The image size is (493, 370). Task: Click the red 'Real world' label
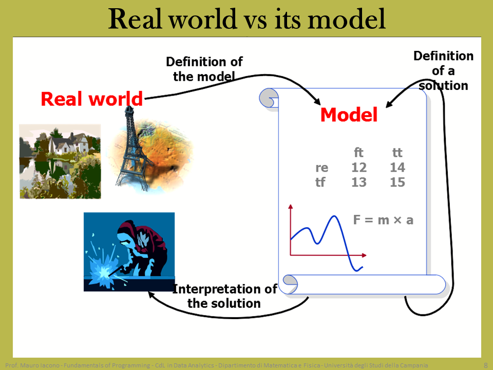coord(92,99)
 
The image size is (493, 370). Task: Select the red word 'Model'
coord(349,115)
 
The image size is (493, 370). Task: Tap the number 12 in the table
coord(359,168)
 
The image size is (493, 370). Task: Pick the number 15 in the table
coord(397,182)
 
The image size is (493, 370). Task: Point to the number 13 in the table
coord(359,182)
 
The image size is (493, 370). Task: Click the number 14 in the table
coord(397,168)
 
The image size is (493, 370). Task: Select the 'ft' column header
coord(358,153)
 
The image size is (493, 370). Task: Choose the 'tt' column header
coord(397,153)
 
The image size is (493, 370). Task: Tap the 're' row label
coord(321,168)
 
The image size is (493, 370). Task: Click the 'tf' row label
coord(320,182)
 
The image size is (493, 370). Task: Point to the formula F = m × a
coord(383,220)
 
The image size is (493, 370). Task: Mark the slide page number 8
coord(485,365)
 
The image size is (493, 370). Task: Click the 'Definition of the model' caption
coord(204,69)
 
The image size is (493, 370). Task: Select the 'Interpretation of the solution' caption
coord(224,296)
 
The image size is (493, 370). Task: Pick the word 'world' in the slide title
coord(203,19)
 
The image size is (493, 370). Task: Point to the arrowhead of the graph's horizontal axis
coord(364,255)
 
